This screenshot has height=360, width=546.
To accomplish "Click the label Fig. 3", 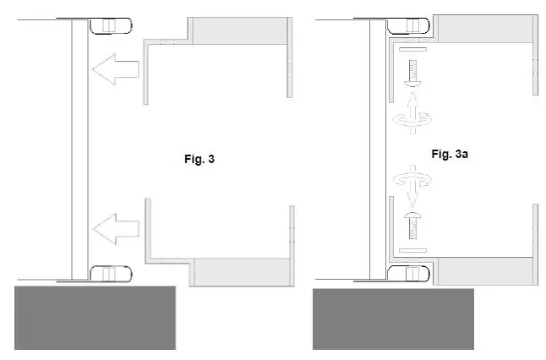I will pos(199,159).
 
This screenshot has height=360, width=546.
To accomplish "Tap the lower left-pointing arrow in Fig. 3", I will pos(113,227).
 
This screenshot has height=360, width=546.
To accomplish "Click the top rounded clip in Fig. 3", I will pos(109,25).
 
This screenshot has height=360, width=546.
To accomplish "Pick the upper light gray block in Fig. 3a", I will pos(483,30).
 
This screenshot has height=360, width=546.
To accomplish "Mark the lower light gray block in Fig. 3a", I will pos(483,272).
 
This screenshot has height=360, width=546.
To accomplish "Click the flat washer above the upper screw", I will pos(411,53).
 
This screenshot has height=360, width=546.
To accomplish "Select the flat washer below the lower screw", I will pos(411,251).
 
